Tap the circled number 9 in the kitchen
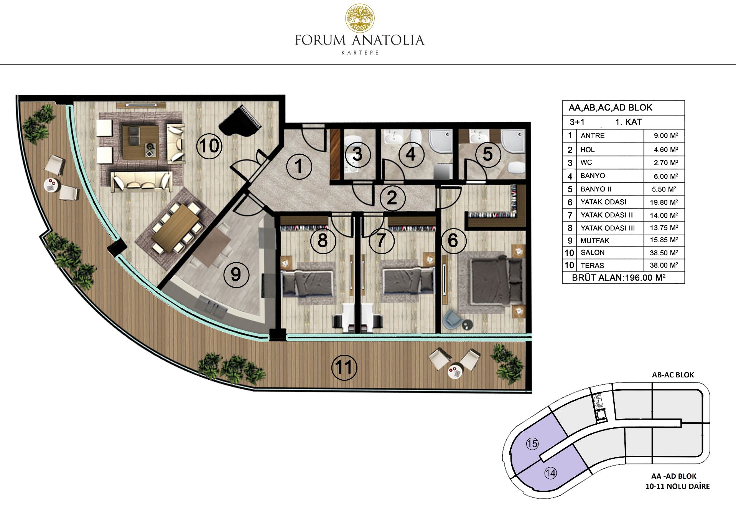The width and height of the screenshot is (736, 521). pos(236,274)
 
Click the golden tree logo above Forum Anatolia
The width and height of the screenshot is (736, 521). pos(360,18)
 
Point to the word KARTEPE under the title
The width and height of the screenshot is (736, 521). pos(360,53)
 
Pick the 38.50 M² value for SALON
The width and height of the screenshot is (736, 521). pos(664,253)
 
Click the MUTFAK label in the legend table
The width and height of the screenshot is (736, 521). pos(595,240)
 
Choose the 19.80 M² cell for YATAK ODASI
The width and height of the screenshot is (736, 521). pos(664,202)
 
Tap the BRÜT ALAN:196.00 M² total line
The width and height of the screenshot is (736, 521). pos(619,277)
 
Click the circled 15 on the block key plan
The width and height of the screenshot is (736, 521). pos(532,444)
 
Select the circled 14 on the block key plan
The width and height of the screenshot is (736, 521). pos(550,473)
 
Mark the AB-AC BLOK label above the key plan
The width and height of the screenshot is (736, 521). pos(673,375)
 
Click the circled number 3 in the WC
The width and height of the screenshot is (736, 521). pos(357,154)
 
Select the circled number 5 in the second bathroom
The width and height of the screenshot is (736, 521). pos(488,154)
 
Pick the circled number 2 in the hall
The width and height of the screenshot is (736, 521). pos(392,198)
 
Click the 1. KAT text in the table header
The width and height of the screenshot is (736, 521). pos(628,122)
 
